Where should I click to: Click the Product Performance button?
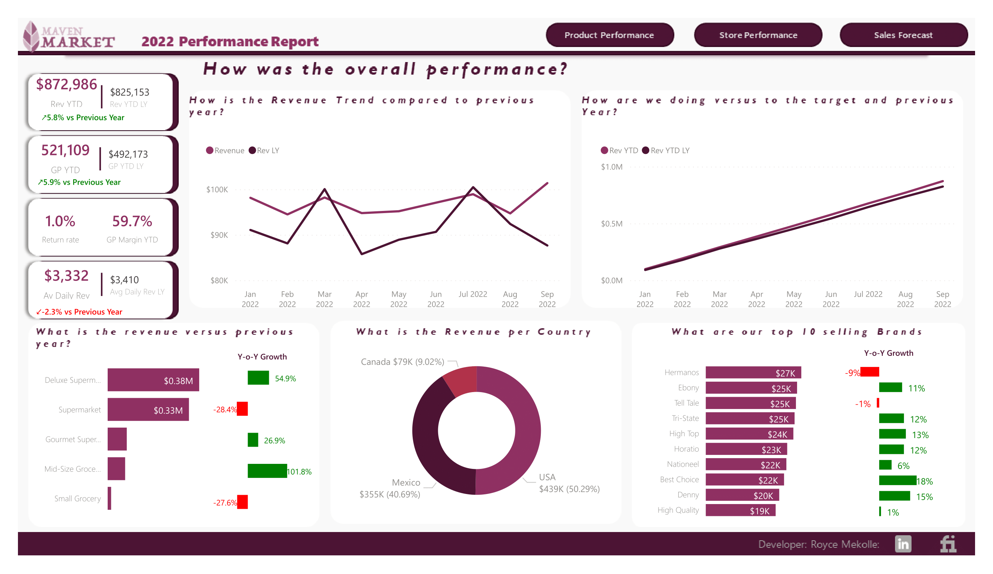tap(609, 35)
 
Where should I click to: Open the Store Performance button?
tap(758, 35)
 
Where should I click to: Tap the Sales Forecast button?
tap(903, 35)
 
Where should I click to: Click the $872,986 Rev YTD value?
tap(66, 84)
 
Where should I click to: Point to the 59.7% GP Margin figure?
tap(132, 221)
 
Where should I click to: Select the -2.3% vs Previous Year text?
tap(79, 312)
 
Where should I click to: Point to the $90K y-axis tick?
tap(219, 235)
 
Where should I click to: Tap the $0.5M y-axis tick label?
tap(611, 224)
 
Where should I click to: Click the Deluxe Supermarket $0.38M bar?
tap(153, 380)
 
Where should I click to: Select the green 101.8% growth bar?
tap(267, 471)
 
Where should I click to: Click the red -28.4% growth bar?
tap(242, 409)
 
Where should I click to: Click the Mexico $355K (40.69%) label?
tap(390, 489)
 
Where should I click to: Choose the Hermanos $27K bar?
tap(753, 372)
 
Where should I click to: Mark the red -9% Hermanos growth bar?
tap(869, 372)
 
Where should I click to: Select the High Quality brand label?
tap(678, 510)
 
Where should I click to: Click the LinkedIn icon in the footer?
tap(903, 544)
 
